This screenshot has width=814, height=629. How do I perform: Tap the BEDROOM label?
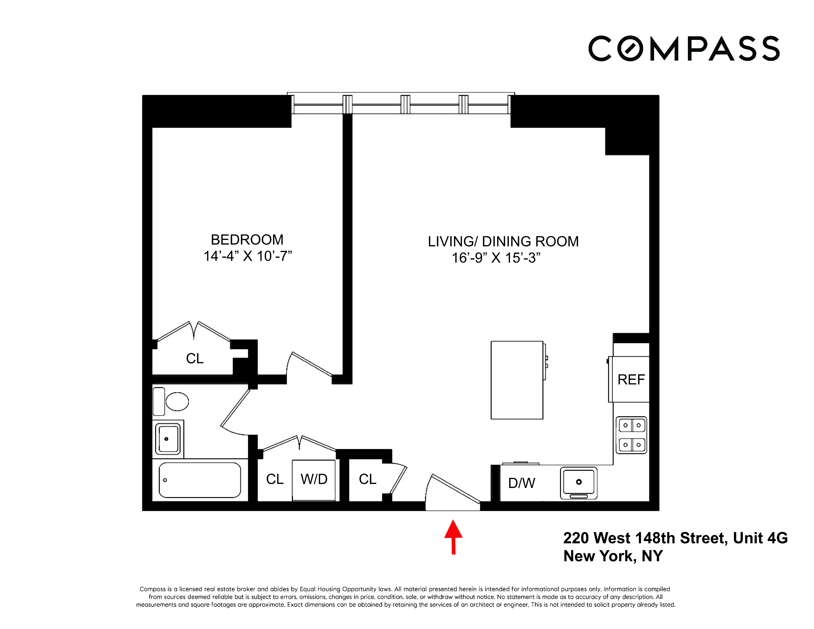pyautogui.click(x=247, y=240)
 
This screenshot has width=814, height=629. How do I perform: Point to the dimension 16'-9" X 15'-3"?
pyautogui.click(x=496, y=258)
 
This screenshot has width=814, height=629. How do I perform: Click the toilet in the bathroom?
pyautogui.click(x=175, y=402)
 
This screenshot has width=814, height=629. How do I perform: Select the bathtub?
pyautogui.click(x=200, y=480)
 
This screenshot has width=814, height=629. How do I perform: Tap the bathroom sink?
pyautogui.click(x=168, y=439)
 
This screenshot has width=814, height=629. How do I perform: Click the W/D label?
pyautogui.click(x=314, y=479)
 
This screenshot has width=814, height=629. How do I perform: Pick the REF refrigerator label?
pyautogui.click(x=631, y=380)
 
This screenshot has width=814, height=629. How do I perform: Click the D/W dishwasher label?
pyautogui.click(x=521, y=483)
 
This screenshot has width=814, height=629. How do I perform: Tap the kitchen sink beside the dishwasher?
pyautogui.click(x=578, y=483)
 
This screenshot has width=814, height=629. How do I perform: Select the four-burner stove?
pyautogui.click(x=631, y=435)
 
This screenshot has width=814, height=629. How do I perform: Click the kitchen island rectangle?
pyautogui.click(x=517, y=380)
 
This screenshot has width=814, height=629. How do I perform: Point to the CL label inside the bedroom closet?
pyautogui.click(x=195, y=358)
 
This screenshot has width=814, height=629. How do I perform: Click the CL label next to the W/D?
pyautogui.click(x=275, y=479)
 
